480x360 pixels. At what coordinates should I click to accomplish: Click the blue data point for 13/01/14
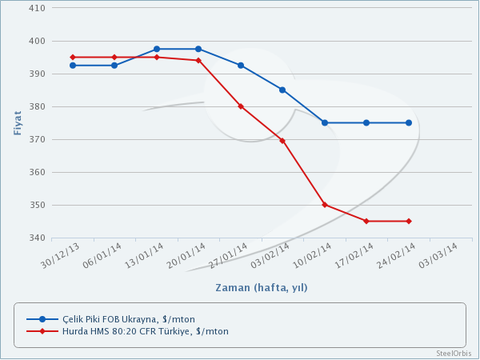tap(157, 50)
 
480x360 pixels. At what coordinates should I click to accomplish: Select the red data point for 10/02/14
tap(325, 205)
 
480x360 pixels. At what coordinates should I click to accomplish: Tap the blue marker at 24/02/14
tap(409, 122)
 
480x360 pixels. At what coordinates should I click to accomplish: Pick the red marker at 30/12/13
tap(73, 58)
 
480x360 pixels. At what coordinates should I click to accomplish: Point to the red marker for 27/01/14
tap(241, 106)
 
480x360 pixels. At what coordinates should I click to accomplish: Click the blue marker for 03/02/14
tap(282, 90)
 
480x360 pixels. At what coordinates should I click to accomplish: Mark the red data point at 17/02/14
tap(366, 221)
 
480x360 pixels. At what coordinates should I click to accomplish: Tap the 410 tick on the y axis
tap(37, 8)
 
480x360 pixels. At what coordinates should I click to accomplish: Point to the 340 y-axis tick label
tap(37, 238)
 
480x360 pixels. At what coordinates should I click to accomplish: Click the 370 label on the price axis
tap(37, 139)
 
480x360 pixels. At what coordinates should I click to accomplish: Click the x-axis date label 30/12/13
tap(61, 255)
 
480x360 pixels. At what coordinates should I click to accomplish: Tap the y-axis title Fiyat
tap(18, 122)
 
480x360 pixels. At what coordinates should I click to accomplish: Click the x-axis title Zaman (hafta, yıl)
tap(261, 287)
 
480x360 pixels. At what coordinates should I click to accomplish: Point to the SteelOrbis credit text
tap(454, 353)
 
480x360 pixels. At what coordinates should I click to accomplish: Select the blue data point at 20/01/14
tap(198, 50)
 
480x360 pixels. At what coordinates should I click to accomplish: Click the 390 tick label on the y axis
tap(37, 74)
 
